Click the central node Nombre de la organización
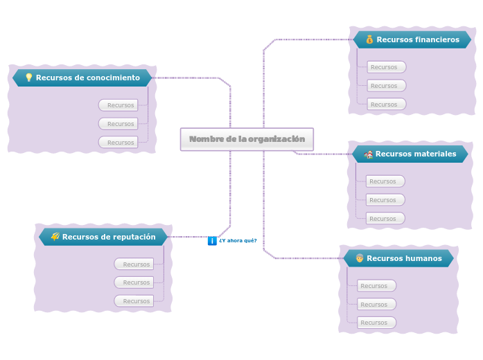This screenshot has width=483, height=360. [x=247, y=139]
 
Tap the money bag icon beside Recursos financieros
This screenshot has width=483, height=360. [x=369, y=39]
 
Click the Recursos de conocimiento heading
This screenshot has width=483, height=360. [x=88, y=78]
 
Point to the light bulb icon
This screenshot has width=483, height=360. [x=29, y=78]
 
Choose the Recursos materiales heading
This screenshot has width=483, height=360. [x=416, y=154]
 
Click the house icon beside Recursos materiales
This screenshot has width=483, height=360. [x=369, y=154]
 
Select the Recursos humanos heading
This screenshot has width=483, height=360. [x=404, y=258]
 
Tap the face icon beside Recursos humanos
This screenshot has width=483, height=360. [x=360, y=258]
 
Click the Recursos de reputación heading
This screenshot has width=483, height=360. [x=109, y=237]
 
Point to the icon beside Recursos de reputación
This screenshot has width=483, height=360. [x=55, y=237]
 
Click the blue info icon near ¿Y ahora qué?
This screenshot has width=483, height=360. [x=212, y=241]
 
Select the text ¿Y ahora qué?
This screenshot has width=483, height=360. [x=238, y=241]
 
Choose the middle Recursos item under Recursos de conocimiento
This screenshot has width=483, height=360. [x=118, y=124]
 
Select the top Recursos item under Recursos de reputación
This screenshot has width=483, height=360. [x=134, y=264]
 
